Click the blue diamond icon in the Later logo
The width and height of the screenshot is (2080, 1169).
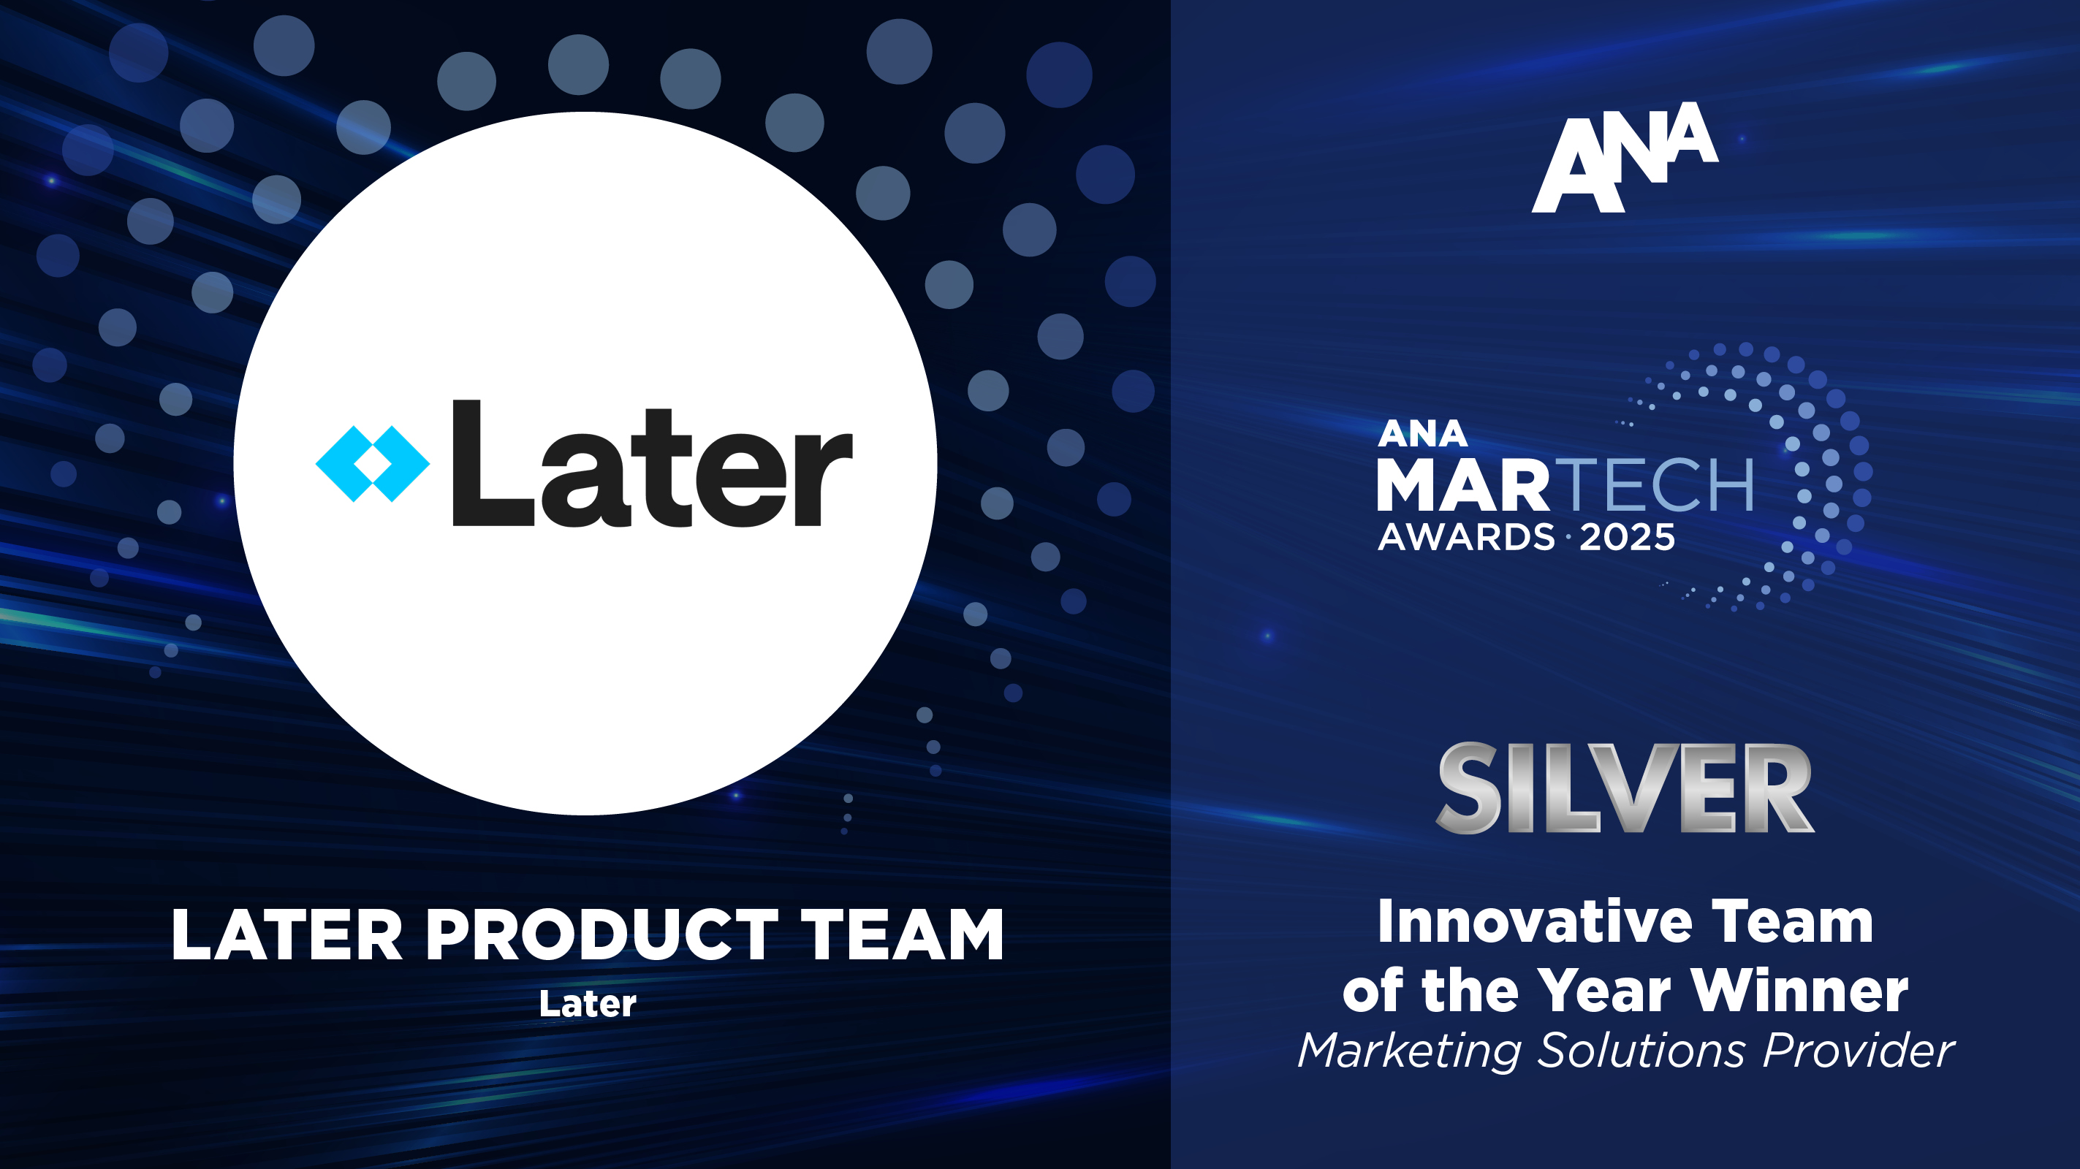tap(372, 464)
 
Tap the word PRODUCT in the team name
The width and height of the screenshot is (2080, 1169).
tap(601, 935)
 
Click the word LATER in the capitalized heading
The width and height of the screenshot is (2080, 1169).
tap(286, 935)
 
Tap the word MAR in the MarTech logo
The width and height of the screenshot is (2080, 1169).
tap(1462, 485)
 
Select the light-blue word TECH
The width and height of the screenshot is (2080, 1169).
tap(1658, 485)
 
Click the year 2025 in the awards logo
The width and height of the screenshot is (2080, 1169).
tap(1627, 538)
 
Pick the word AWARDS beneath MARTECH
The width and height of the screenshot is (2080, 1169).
tap(1465, 538)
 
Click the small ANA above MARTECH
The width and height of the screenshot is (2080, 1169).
tap(1422, 434)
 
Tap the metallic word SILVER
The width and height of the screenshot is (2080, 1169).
tap(1625, 789)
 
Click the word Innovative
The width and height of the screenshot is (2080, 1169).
tap(1534, 922)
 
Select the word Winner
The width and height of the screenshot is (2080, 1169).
tap(1800, 991)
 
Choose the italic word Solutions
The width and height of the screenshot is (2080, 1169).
tap(1640, 1051)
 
